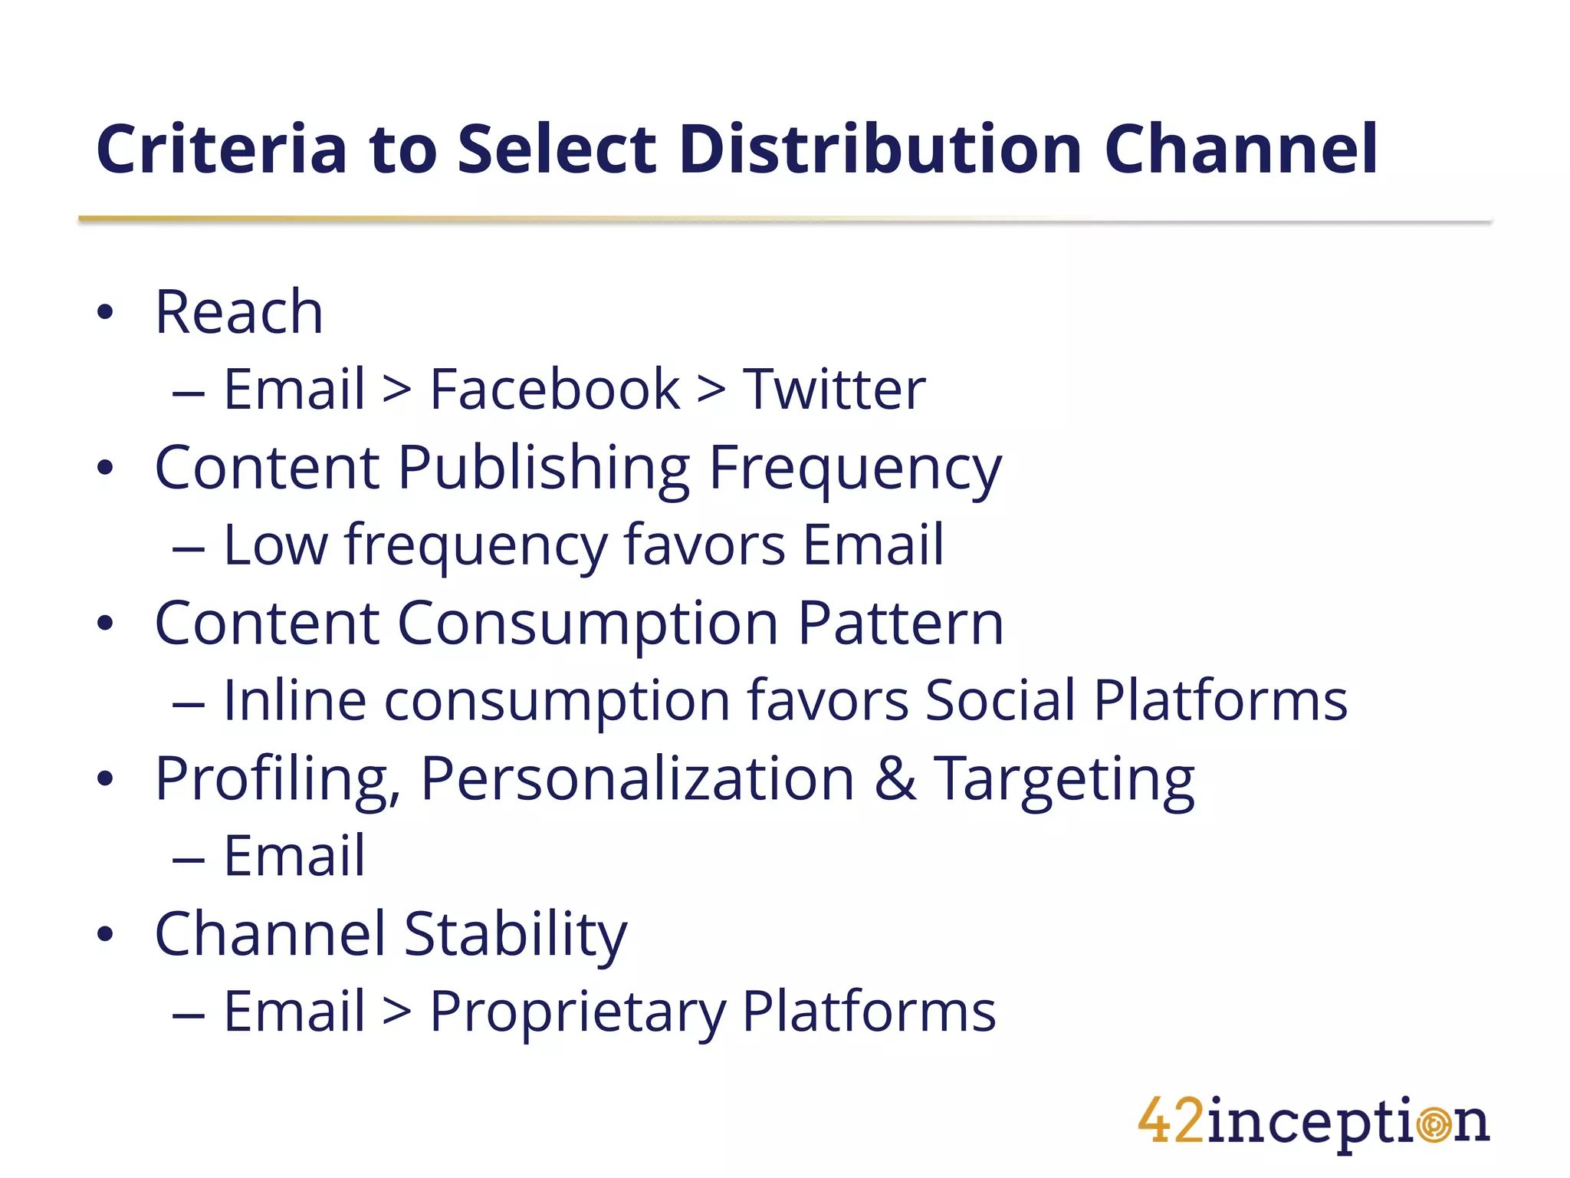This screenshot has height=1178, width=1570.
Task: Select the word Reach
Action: coord(239,312)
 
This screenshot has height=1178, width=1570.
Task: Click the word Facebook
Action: coord(554,390)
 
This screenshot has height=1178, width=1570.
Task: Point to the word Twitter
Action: coord(835,390)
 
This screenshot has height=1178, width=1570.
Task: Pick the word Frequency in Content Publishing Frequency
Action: coord(855,469)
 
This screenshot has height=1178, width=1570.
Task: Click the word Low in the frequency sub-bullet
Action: coord(275,545)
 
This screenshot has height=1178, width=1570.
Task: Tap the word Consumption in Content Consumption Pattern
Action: coord(588,624)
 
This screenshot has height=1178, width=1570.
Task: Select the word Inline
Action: coord(294,700)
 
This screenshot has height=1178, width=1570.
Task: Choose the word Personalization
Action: coord(637,779)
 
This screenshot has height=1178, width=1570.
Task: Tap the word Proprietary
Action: coord(577,1013)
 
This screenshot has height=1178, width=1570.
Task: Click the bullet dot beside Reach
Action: coord(105,313)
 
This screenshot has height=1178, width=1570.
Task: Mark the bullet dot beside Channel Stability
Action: coord(105,935)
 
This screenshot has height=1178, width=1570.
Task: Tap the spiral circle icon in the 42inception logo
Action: coord(1434,1125)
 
